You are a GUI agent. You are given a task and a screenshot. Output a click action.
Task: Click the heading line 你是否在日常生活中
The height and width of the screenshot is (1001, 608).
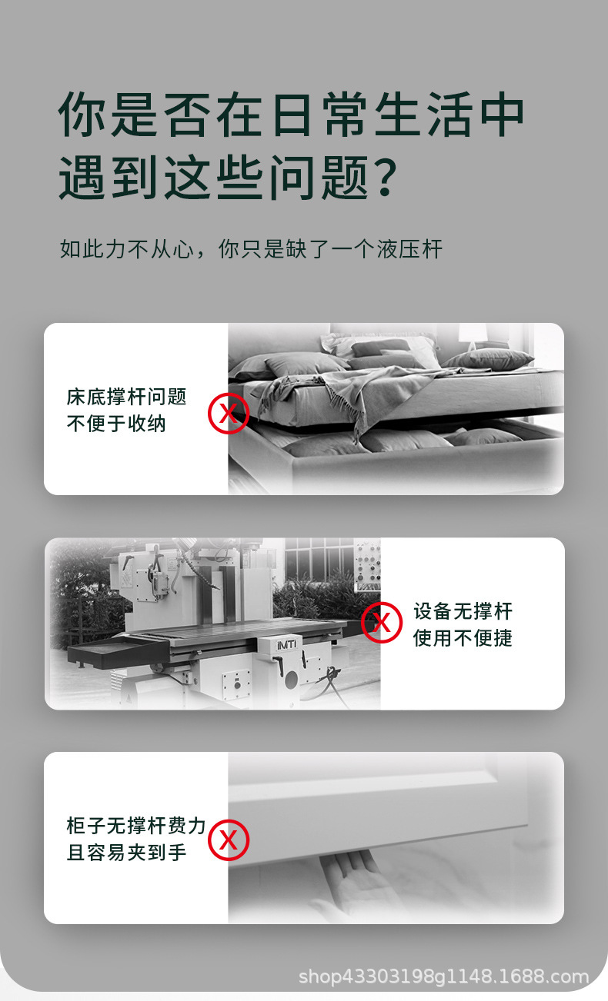point(291,115)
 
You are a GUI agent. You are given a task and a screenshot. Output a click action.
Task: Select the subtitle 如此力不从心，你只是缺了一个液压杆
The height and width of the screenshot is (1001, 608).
point(251,249)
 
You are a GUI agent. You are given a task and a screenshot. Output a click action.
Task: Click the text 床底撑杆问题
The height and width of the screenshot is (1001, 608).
point(126,397)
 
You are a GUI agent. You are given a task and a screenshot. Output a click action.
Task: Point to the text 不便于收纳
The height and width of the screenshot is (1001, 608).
point(116,424)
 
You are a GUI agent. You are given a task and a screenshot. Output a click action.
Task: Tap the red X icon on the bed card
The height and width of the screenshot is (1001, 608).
point(229,414)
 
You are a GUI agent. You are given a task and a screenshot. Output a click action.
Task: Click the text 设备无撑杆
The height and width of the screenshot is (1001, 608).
point(463,612)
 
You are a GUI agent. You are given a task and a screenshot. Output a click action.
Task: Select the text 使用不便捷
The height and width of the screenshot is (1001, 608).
point(463,638)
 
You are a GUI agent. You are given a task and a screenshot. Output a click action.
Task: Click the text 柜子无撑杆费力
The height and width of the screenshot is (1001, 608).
point(136,826)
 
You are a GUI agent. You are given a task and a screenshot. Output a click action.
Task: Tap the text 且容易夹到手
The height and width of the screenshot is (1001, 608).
point(126,853)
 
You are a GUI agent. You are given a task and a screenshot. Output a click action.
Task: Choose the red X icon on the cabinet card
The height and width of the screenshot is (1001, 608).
point(229,840)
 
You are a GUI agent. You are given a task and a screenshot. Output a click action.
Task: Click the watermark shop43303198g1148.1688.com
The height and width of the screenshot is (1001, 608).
point(443,977)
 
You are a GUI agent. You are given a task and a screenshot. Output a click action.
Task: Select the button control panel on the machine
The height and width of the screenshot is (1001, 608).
point(368,562)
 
